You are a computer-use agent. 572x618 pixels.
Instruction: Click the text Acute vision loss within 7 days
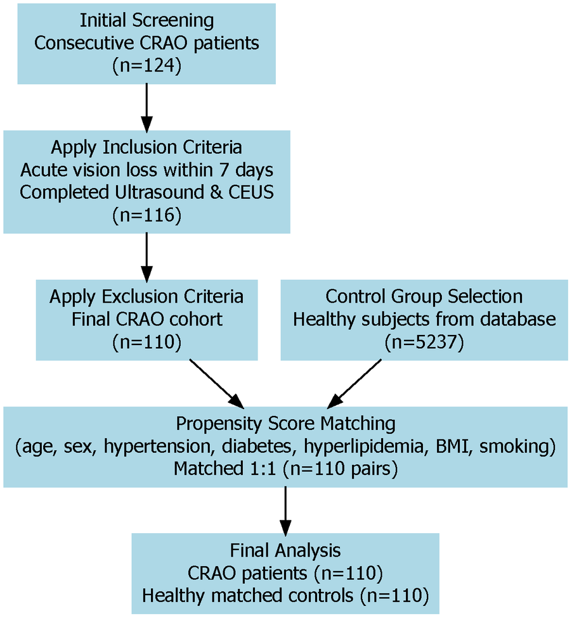click(146, 170)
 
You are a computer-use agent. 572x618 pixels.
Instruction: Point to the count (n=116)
click(146, 215)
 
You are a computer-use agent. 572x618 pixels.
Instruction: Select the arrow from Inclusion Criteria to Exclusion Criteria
click(146, 256)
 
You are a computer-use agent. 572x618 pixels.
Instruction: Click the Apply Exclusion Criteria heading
click(146, 296)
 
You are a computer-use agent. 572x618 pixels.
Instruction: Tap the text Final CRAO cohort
click(146, 319)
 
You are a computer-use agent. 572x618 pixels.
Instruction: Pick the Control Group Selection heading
click(424, 296)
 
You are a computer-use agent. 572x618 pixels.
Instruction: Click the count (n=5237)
click(424, 342)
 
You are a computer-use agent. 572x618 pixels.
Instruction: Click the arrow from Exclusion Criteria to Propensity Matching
click(216, 383)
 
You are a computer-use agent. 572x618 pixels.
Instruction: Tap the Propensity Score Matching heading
click(285, 423)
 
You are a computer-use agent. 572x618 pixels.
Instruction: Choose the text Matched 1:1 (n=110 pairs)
click(285, 469)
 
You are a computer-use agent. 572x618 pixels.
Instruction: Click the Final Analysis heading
click(285, 549)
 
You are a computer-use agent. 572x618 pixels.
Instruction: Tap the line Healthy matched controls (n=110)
click(285, 595)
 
